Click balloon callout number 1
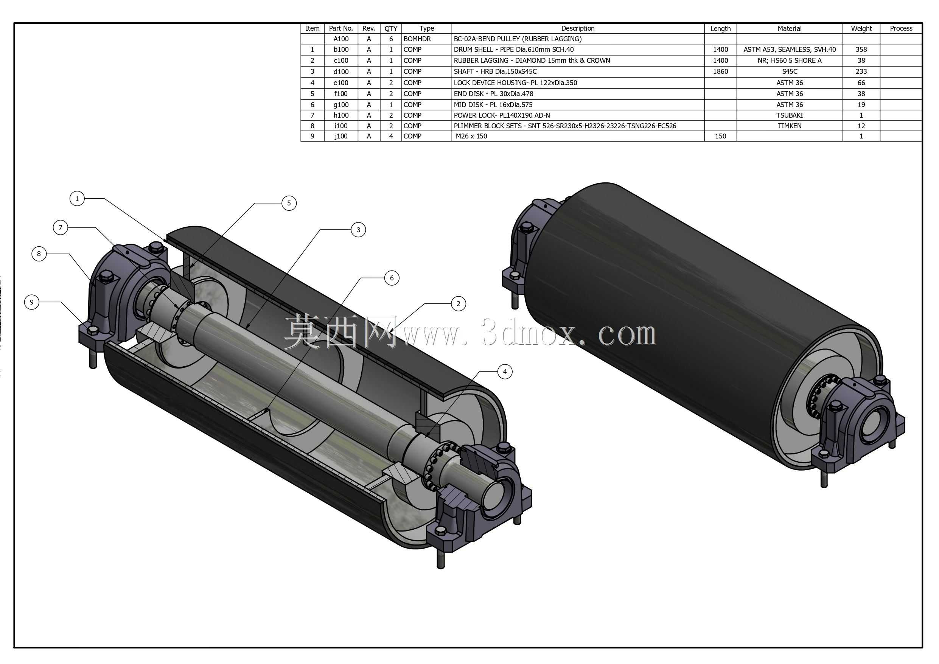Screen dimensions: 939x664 [77, 199]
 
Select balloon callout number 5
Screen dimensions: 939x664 [289, 203]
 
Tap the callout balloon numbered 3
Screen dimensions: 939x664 [359, 230]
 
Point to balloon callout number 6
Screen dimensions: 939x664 [392, 278]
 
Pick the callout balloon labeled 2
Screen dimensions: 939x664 [459, 303]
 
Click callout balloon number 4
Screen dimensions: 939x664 [505, 372]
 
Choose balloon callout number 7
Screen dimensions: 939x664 [61, 227]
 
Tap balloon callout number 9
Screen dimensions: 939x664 [31, 302]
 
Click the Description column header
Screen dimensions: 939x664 [577, 29]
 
